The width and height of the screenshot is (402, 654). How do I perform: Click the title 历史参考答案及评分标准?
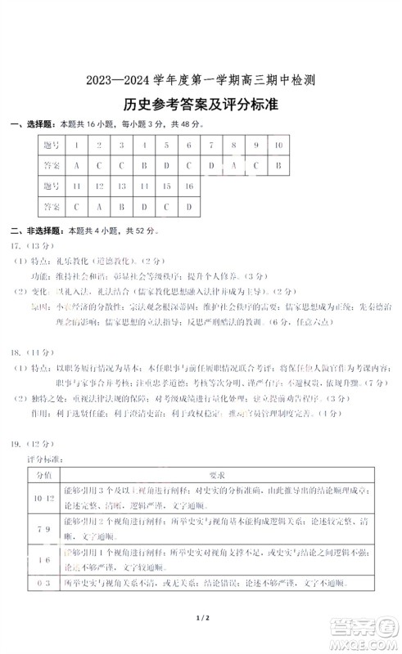(x=201, y=105)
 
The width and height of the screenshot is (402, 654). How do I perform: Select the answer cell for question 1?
(x=75, y=165)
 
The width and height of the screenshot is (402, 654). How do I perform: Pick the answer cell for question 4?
(x=143, y=165)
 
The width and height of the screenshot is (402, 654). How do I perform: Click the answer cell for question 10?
(x=278, y=165)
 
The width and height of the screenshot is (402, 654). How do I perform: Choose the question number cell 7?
(x=211, y=145)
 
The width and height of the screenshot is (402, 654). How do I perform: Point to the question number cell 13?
(x=120, y=186)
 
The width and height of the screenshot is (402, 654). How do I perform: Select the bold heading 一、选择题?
(x=32, y=124)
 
